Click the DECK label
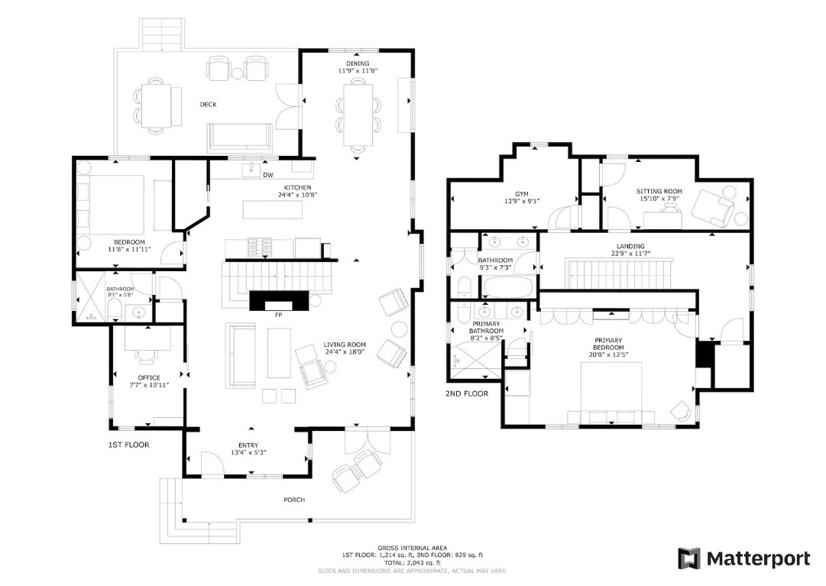pos(208,104)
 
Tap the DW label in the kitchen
pos(268,175)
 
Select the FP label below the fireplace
pos(279,316)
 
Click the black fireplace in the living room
pos(279,300)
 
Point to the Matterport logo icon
pos(689,558)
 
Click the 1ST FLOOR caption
pos(128,445)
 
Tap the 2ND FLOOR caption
pos(467,393)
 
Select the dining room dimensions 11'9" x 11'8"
pos(358,70)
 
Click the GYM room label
pos(522,194)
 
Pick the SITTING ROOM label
pos(659,191)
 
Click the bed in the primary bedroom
pos(611,393)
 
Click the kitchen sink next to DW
pos(251,170)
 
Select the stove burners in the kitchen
pos(260,247)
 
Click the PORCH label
pos(294,500)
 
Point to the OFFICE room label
pos(149,378)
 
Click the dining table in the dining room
pos(358,115)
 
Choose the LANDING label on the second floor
pos(630,246)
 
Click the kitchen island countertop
pos(273,209)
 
